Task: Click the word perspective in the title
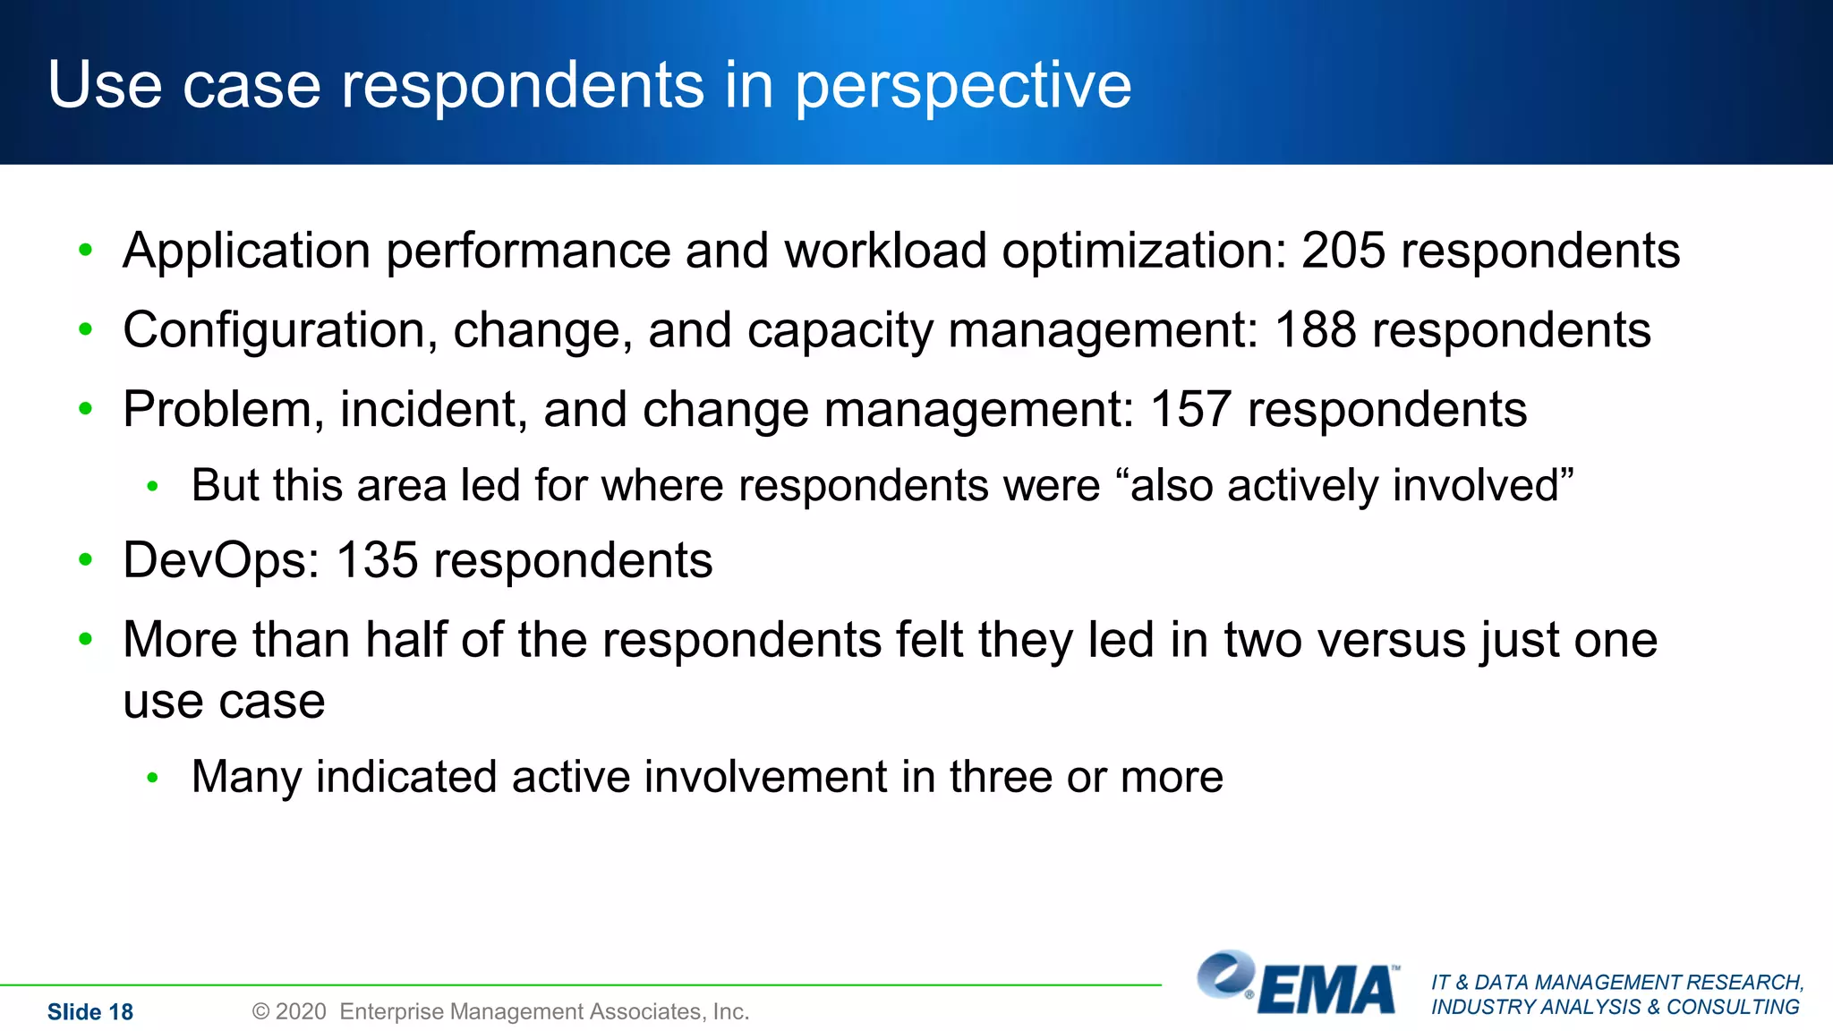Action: (x=963, y=86)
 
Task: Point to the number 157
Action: (x=1190, y=410)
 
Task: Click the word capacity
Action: (x=840, y=331)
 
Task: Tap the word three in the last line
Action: (x=1001, y=777)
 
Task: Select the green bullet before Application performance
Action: (x=86, y=251)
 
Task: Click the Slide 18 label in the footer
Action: (x=90, y=1012)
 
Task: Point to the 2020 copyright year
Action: (x=301, y=1012)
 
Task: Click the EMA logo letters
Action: (x=1326, y=990)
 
